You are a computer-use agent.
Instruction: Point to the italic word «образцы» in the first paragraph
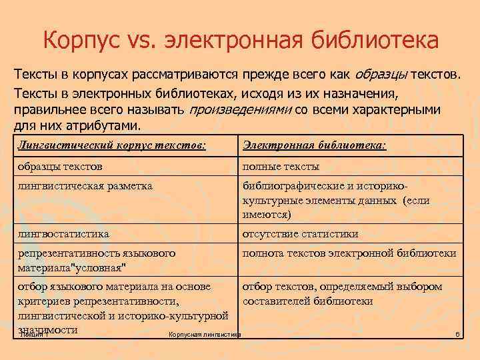[x=383, y=73]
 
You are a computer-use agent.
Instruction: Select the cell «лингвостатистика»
[x=64, y=234]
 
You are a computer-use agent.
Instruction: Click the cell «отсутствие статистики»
[x=301, y=234]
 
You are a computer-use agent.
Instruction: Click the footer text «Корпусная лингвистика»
[x=205, y=334]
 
